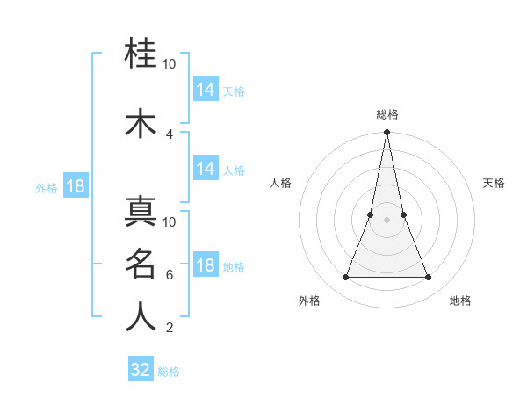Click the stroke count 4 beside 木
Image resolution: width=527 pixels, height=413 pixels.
click(170, 134)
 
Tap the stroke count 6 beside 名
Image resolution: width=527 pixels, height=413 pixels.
click(170, 274)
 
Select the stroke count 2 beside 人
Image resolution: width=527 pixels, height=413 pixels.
click(170, 328)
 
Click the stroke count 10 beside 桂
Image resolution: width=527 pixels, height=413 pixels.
click(170, 64)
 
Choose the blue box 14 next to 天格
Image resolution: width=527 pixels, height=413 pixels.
click(205, 89)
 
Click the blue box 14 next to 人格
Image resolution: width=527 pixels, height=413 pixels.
click(205, 169)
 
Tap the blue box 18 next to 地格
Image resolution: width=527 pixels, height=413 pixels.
click(205, 266)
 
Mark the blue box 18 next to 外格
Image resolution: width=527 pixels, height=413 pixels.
click(75, 186)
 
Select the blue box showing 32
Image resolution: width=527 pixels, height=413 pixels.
click(141, 370)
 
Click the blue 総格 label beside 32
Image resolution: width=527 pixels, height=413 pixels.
click(170, 372)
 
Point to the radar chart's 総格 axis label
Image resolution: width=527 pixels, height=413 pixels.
click(386, 114)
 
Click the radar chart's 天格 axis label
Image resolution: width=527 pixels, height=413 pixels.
click(494, 183)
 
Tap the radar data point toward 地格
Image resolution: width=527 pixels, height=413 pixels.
click(429, 278)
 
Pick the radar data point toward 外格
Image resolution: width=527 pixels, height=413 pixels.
click(345, 278)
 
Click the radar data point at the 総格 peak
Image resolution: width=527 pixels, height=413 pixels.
click(386, 133)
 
